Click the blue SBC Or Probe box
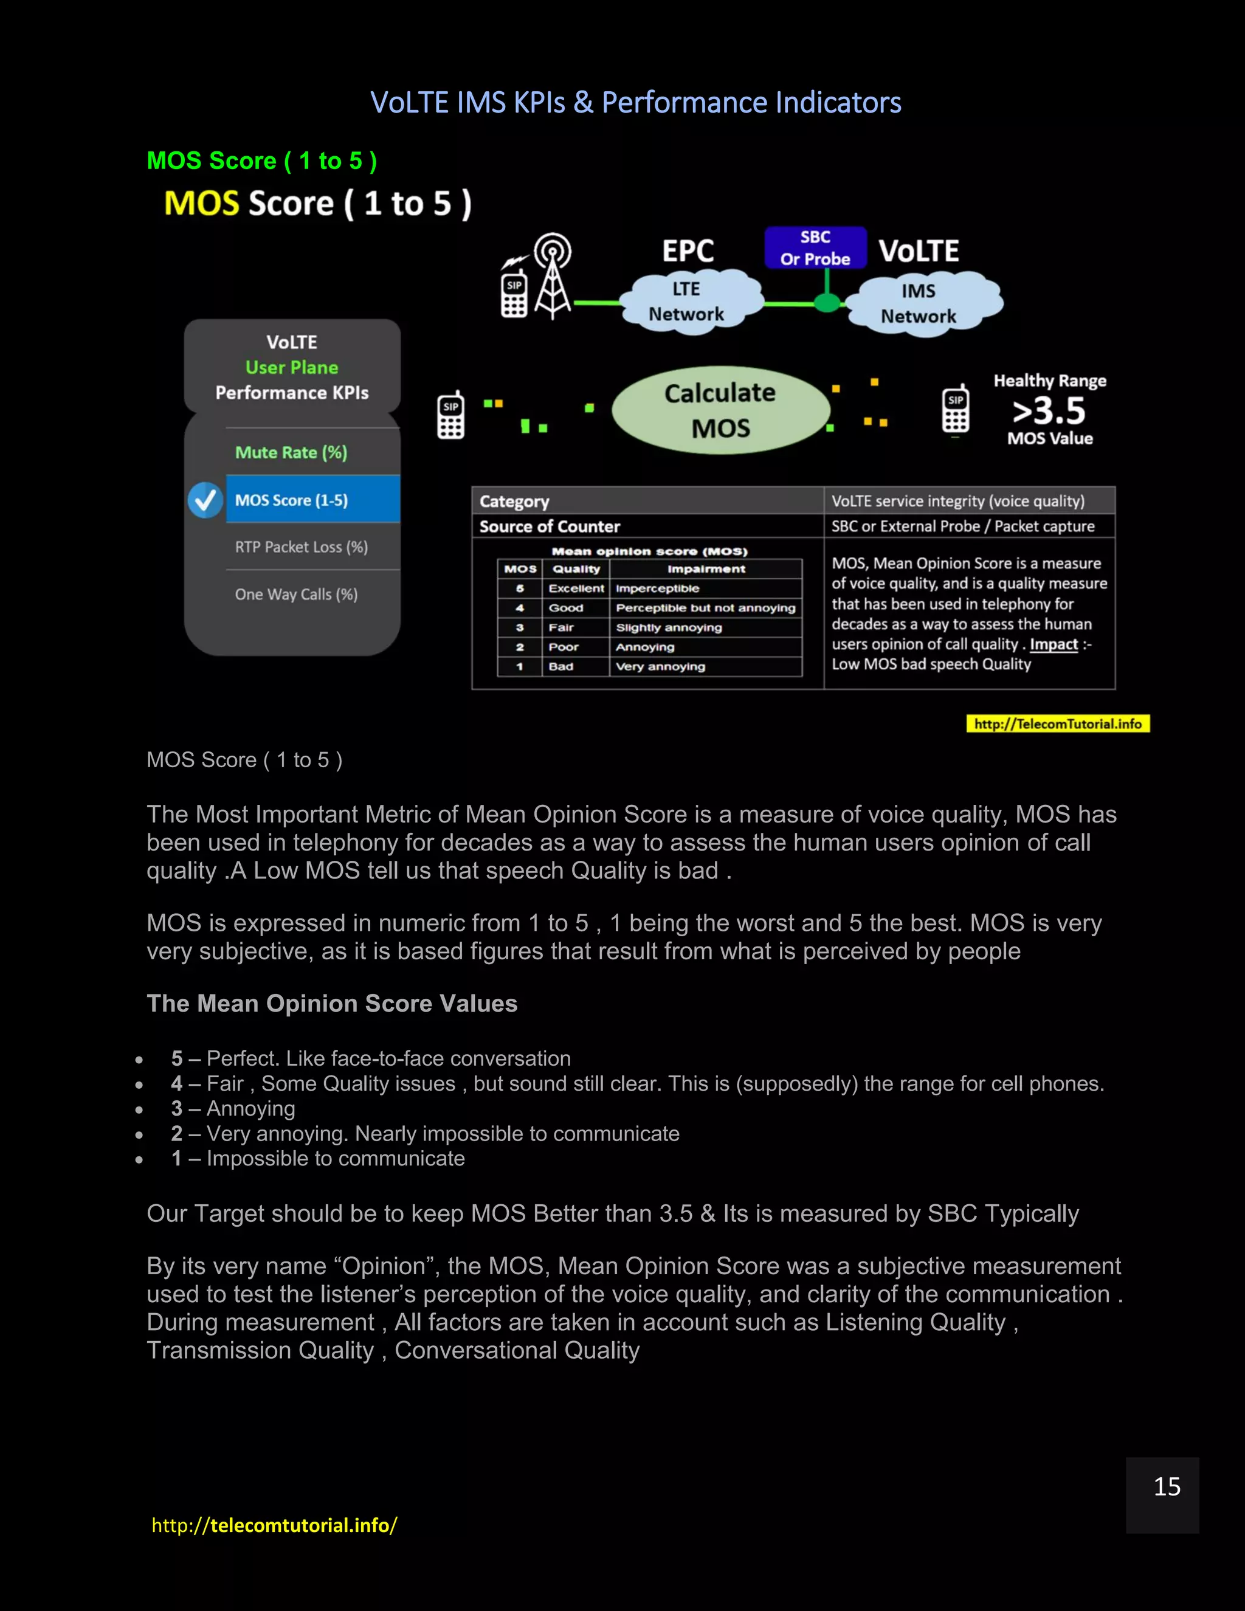pyautogui.click(x=815, y=248)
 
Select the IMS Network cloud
pyautogui.click(x=919, y=304)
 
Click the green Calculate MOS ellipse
pyautogui.click(x=720, y=410)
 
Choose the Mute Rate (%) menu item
pyautogui.click(x=291, y=452)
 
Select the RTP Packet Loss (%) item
pyautogui.click(x=301, y=547)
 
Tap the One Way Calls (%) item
pyautogui.click(x=296, y=595)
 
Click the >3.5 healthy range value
pyautogui.click(x=1049, y=411)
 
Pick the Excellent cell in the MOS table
pyautogui.click(x=576, y=588)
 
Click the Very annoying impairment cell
pyautogui.click(x=660, y=667)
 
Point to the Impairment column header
pyautogui.click(x=706, y=569)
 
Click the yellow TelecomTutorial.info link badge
pyautogui.click(x=1058, y=723)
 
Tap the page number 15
pyautogui.click(x=1166, y=1487)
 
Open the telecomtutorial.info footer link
pyautogui.click(x=274, y=1525)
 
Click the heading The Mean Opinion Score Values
pyautogui.click(x=332, y=1004)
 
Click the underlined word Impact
pyautogui.click(x=1054, y=644)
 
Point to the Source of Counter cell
pyautogui.click(x=550, y=526)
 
